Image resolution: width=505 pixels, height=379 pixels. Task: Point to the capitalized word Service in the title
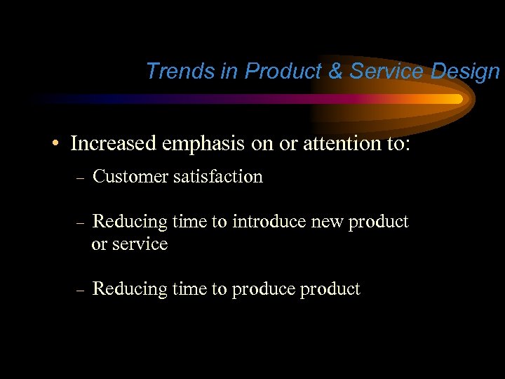(385, 71)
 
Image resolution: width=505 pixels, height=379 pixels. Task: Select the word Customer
(131, 177)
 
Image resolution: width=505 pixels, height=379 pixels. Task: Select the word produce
(263, 290)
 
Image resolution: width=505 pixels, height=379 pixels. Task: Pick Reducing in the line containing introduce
(126, 222)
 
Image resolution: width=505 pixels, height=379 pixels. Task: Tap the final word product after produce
(330, 290)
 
